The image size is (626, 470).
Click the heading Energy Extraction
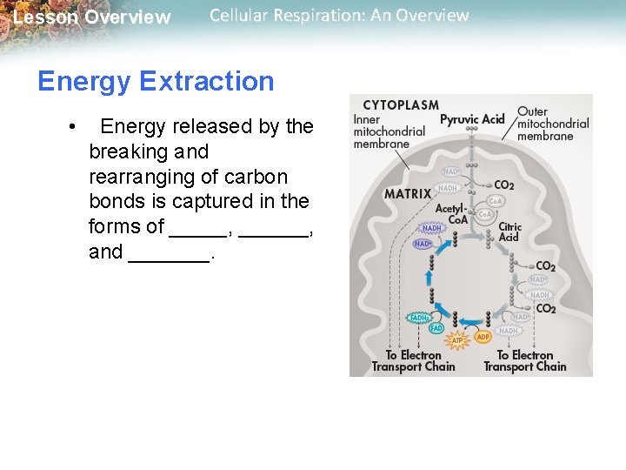point(156,81)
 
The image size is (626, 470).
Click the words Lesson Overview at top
point(92,17)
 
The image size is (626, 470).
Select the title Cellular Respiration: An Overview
point(339,16)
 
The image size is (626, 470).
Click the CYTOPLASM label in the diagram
point(401,105)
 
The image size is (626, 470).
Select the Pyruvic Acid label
point(472,119)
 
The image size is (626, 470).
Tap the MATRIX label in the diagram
point(408,194)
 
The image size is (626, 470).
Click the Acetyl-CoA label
point(451,214)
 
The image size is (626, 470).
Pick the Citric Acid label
point(509,232)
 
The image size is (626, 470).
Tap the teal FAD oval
point(436,328)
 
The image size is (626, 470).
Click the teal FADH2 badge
point(420,318)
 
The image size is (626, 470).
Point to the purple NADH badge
point(432,228)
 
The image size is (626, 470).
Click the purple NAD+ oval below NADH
point(423,244)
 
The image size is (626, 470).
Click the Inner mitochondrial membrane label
point(389,131)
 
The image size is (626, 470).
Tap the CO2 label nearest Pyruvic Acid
point(503,185)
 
